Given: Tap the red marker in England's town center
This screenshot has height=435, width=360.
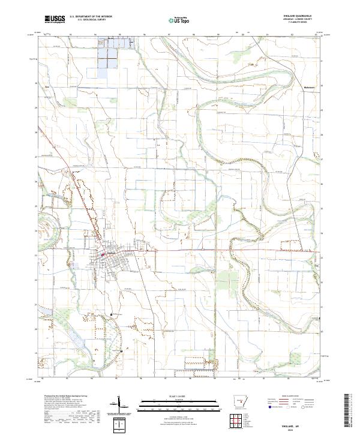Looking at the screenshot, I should pyautogui.click(x=102, y=254).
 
